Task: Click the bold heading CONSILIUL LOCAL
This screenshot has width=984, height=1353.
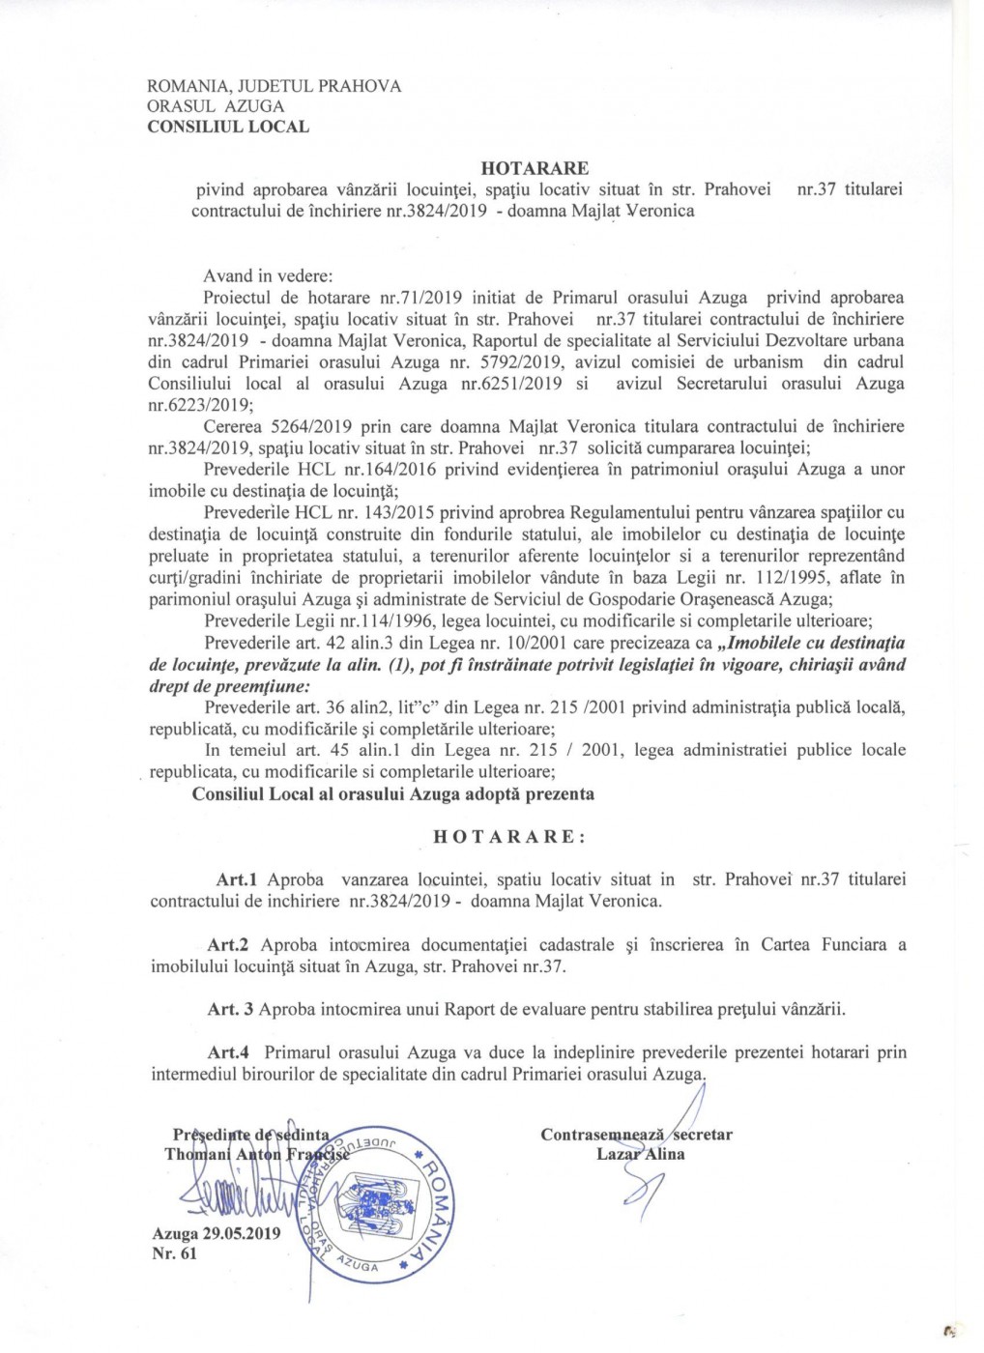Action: coord(228,127)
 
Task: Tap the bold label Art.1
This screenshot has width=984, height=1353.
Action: coord(236,879)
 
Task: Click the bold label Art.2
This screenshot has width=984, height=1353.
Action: coord(228,945)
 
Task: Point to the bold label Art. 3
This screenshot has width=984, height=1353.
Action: coord(230,1010)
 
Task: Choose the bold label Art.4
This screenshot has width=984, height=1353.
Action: coord(228,1052)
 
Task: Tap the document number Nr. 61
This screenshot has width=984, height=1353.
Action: coord(174,1253)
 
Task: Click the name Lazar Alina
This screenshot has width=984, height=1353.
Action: coord(640,1154)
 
